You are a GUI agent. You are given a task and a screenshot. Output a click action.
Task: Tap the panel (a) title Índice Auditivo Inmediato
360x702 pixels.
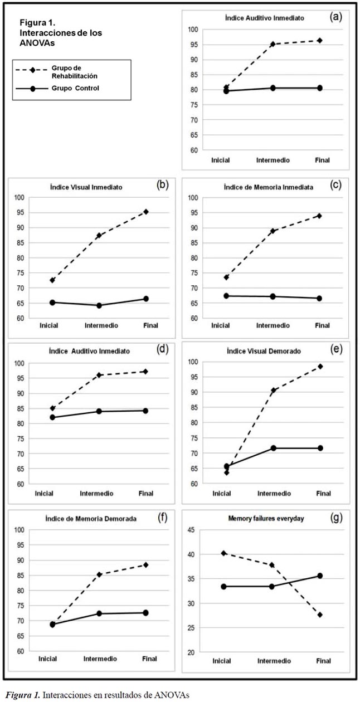264,18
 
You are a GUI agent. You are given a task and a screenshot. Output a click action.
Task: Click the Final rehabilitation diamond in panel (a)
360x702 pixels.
319,41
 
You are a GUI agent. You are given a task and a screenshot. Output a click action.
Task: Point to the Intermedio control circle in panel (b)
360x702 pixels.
99,305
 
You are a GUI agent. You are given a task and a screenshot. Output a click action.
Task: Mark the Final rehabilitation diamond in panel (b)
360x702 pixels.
146,212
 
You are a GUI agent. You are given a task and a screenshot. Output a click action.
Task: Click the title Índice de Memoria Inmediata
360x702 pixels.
269,187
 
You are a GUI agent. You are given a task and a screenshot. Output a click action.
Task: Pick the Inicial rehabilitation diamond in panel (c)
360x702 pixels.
226,277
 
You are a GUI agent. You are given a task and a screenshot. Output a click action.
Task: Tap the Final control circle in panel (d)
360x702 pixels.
146,411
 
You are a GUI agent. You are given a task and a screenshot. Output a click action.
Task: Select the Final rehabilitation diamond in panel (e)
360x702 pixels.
320,367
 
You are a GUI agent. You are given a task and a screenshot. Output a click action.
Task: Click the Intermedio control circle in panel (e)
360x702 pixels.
273,448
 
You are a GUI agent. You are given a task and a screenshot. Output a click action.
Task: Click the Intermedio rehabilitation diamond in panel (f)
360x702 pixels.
99,574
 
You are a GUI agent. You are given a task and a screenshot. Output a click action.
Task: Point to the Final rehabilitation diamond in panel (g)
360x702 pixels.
320,615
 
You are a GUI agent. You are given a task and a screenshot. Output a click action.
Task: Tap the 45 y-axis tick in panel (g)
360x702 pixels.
191,530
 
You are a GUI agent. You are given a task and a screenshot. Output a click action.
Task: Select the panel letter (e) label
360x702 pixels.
336,349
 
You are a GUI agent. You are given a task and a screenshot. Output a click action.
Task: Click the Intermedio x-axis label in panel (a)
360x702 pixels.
273,160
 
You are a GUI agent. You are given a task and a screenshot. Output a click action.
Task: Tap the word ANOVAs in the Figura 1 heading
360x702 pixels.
37,42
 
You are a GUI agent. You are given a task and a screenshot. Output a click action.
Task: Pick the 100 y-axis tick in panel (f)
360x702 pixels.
19,530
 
